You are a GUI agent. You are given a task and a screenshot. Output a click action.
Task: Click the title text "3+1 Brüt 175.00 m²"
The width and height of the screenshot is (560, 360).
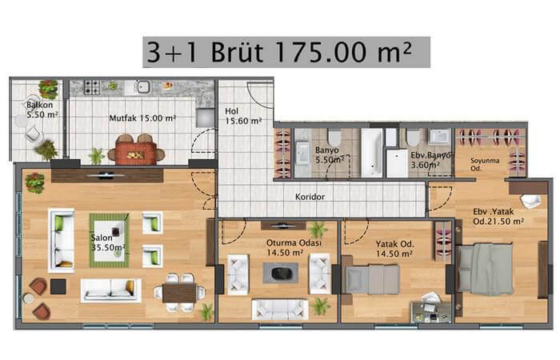click(x=279, y=52)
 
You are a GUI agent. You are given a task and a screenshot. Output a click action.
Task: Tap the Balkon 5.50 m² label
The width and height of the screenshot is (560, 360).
click(x=42, y=110)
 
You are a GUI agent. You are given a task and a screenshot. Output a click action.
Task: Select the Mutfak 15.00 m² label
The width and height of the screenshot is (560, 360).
click(x=142, y=118)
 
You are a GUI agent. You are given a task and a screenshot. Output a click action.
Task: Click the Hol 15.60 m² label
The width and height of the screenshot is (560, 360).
click(x=243, y=116)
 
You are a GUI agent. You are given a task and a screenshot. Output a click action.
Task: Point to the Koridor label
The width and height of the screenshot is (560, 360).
click(x=310, y=197)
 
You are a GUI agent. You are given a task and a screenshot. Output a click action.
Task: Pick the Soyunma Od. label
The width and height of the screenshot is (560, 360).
click(x=485, y=164)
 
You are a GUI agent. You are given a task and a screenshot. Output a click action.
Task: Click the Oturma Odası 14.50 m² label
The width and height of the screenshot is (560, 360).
click(x=294, y=247)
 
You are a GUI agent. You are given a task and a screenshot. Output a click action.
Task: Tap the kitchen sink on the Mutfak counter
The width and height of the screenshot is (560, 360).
click(x=143, y=86)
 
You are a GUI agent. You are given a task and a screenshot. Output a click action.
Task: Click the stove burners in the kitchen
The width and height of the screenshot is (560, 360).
click(x=92, y=87)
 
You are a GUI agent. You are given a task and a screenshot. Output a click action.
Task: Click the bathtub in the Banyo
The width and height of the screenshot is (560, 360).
click(x=371, y=153)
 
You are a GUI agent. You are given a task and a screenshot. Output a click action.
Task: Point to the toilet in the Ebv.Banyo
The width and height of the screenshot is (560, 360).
click(x=413, y=137)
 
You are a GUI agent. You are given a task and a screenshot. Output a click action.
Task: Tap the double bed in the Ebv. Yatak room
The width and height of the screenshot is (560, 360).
click(x=486, y=269)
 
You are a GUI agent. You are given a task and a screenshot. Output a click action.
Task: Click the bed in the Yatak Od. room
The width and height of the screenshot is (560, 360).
click(x=372, y=279)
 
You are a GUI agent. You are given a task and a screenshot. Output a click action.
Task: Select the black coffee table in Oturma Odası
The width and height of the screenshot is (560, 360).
click(x=281, y=274)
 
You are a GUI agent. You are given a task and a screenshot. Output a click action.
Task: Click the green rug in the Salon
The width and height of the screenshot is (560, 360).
click(x=110, y=240)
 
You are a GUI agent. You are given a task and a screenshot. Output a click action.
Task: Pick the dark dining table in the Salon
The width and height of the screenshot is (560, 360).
click(x=179, y=293)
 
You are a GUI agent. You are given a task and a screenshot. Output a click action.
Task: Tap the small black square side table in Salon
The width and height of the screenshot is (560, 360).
click(x=58, y=286)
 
